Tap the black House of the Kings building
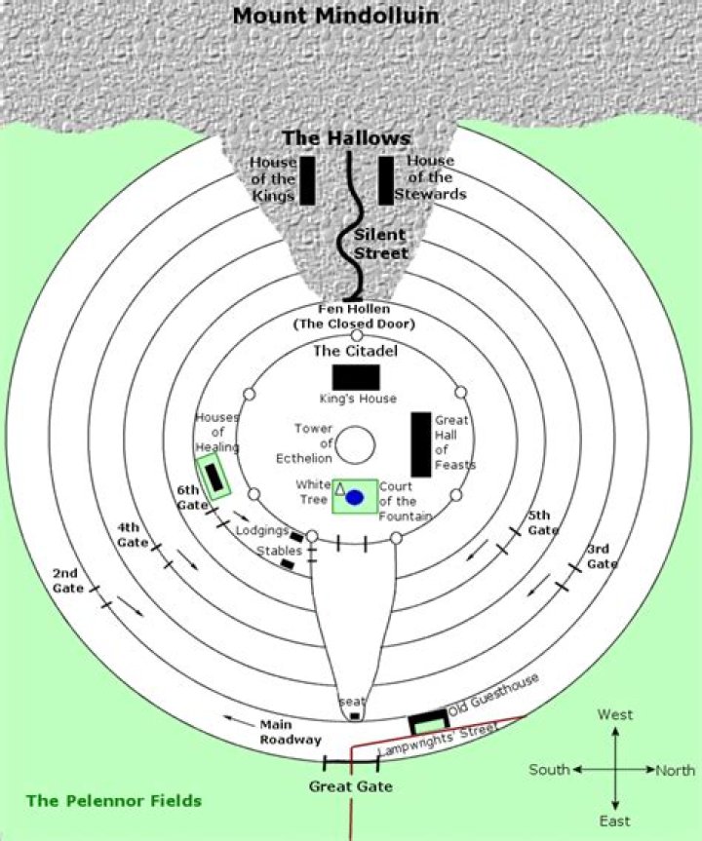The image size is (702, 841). pyautogui.click(x=307, y=180)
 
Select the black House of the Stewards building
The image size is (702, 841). pyautogui.click(x=386, y=180)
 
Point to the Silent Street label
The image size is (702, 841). pyautogui.click(x=380, y=244)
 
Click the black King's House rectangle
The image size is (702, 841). pyautogui.click(x=357, y=377)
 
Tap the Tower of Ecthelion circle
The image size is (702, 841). pyautogui.click(x=355, y=444)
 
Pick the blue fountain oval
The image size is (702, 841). pyautogui.click(x=355, y=498)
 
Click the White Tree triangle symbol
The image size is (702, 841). pyautogui.click(x=339, y=488)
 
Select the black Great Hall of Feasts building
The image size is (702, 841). pyautogui.click(x=421, y=444)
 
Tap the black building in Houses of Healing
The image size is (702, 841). pyautogui.click(x=214, y=477)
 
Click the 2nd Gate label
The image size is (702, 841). pyautogui.click(x=67, y=581)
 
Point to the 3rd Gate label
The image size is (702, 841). pyautogui.click(x=602, y=556)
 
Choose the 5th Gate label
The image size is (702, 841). pyautogui.click(x=543, y=523)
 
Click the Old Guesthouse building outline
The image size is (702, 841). pyautogui.click(x=429, y=715)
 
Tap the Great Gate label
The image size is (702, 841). pyautogui.click(x=351, y=786)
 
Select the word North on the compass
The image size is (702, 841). pyautogui.click(x=676, y=770)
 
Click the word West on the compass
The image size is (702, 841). pyautogui.click(x=615, y=715)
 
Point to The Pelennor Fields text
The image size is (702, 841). pyautogui.click(x=114, y=801)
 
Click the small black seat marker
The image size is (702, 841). pyautogui.click(x=355, y=716)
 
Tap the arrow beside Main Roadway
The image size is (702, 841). pyautogui.click(x=239, y=721)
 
